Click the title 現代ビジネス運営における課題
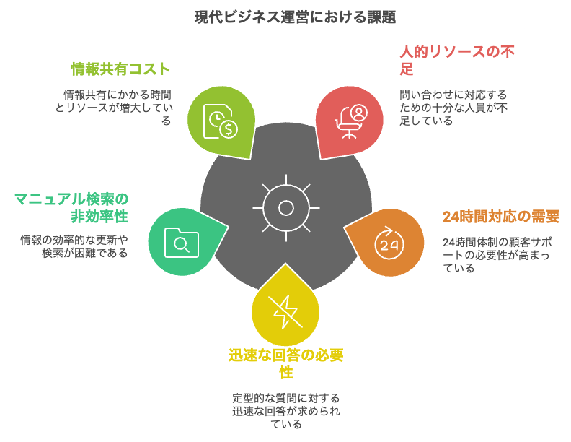coord(295,17)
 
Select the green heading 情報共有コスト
coord(120,69)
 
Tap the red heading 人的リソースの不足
coord(456,60)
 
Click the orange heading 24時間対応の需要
coord(501,216)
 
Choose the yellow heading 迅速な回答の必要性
coord(286,363)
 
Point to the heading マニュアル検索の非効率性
coord(71,207)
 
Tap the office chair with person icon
coord(351,122)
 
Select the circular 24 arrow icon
coord(389,243)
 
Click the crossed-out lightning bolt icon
coord(285,311)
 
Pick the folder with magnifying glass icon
coord(182,243)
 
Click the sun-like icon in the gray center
coord(286,208)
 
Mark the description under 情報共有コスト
coord(114,108)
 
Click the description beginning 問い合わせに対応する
coord(453,108)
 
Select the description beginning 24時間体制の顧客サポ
coord(497,255)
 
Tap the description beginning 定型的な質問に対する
coord(286,411)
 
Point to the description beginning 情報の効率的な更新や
coord(74,246)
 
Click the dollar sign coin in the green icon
coord(229,129)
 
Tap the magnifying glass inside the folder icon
coord(181,244)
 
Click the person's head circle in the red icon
coord(360,110)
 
